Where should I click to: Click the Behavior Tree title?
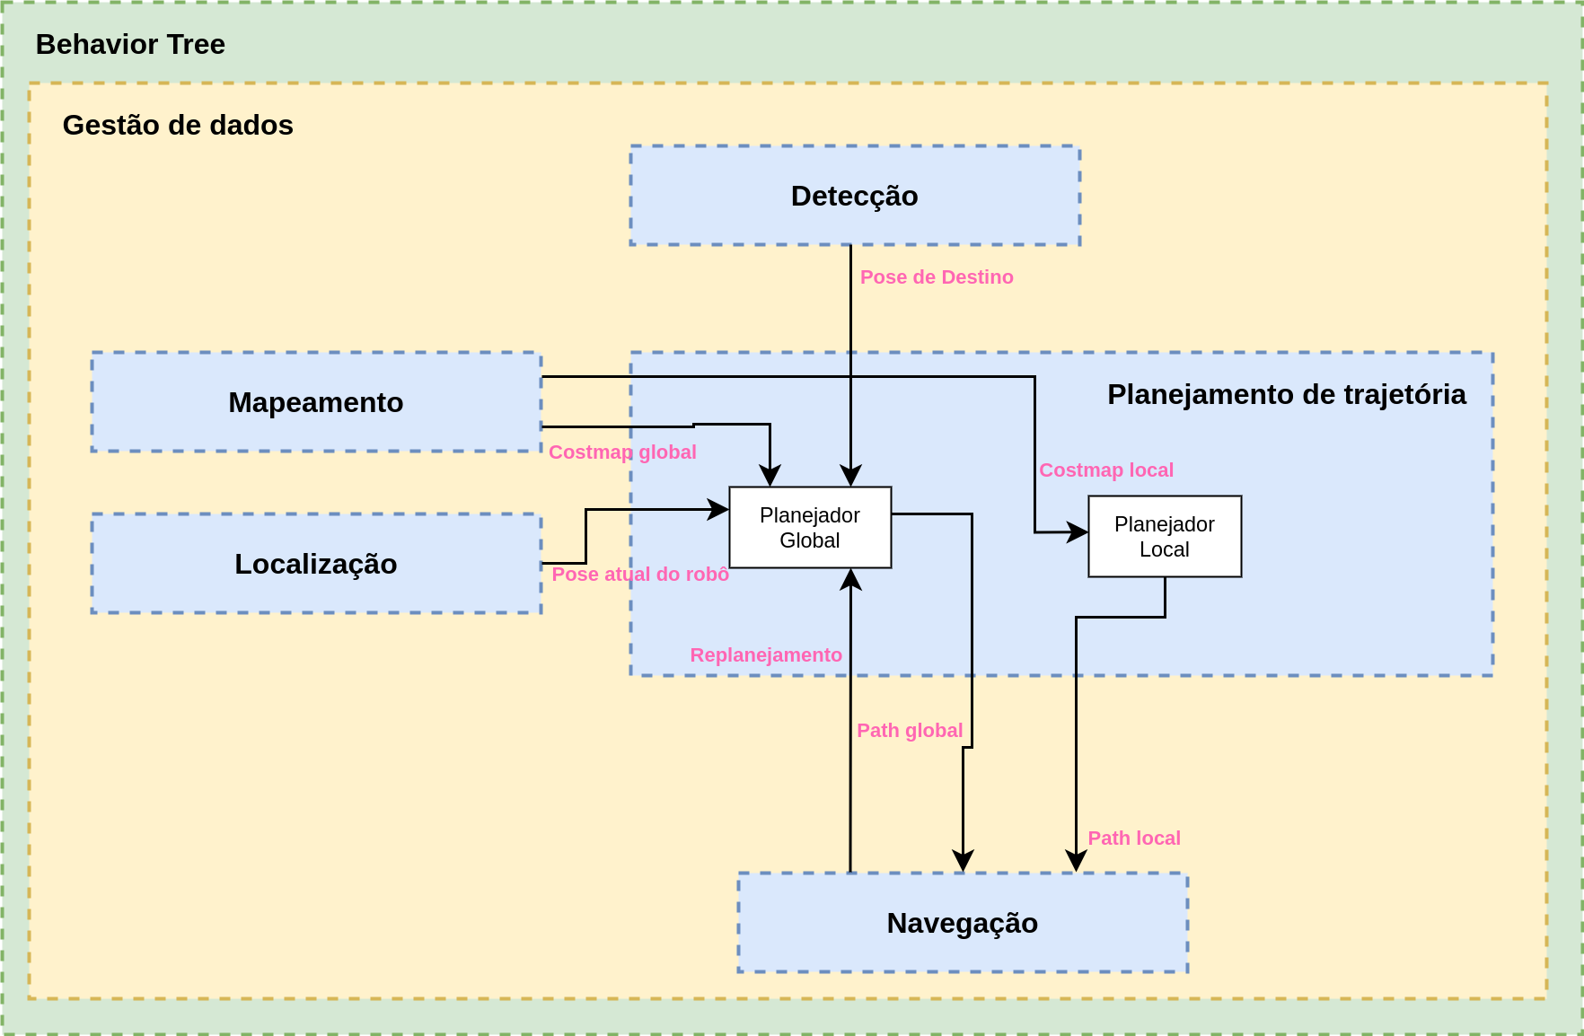[x=130, y=44]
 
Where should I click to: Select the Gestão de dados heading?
[x=178, y=125]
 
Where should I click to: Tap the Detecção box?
[x=854, y=196]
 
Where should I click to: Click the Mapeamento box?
[x=316, y=402]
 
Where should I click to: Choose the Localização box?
[x=316, y=564]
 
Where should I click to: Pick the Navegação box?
[x=962, y=923]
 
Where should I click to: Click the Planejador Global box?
[x=810, y=528]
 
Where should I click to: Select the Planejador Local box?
[x=1165, y=537]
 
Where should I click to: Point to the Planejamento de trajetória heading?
[x=1286, y=394]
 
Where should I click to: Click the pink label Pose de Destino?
[x=937, y=277]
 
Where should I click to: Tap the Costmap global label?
[x=622, y=452]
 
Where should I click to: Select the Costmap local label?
[x=1106, y=470]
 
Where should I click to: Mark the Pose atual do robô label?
[x=640, y=575]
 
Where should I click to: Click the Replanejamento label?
[x=766, y=655]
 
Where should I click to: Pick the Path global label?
[x=910, y=731]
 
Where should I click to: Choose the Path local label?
[x=1134, y=838]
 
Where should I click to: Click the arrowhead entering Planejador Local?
[x=1078, y=532]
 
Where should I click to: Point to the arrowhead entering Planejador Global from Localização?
[x=719, y=510]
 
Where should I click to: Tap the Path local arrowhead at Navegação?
[x=1076, y=862]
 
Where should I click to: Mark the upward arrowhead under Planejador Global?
[x=850, y=579]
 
